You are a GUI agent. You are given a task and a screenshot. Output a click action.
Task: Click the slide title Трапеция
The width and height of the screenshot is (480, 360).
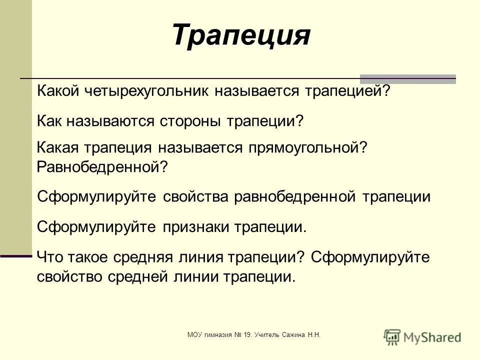241,35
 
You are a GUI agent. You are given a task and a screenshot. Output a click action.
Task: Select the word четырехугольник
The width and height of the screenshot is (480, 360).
172,91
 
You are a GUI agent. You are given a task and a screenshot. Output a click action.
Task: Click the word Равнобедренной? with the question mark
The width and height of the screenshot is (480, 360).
102,166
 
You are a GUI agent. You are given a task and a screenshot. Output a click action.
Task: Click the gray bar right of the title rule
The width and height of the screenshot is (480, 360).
408,79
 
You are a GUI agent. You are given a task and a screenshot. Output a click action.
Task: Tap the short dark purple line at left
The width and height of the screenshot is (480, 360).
16,255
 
